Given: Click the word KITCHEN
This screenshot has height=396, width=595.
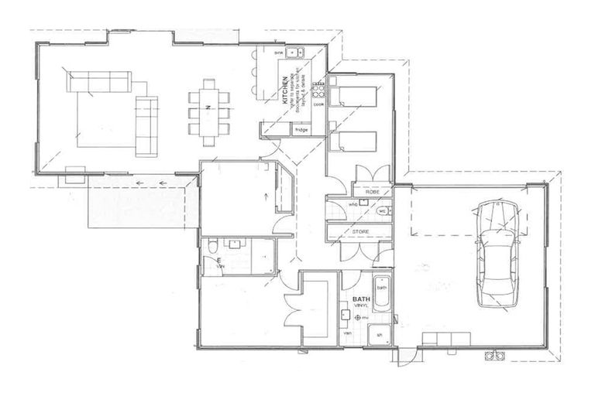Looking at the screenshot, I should [286, 91].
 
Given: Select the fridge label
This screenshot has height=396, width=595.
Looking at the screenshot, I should [301, 130].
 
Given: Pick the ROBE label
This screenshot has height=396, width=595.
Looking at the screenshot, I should [371, 190].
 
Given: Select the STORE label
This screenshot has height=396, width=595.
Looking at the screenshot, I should [361, 231].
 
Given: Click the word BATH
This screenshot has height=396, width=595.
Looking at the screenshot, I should [360, 299].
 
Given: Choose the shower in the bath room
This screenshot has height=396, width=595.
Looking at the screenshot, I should [379, 336].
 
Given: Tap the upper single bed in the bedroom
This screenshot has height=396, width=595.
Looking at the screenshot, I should [353, 97].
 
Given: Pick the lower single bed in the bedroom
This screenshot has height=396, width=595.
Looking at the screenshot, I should [353, 142].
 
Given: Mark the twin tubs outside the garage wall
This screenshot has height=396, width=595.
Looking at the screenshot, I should [494, 356].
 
